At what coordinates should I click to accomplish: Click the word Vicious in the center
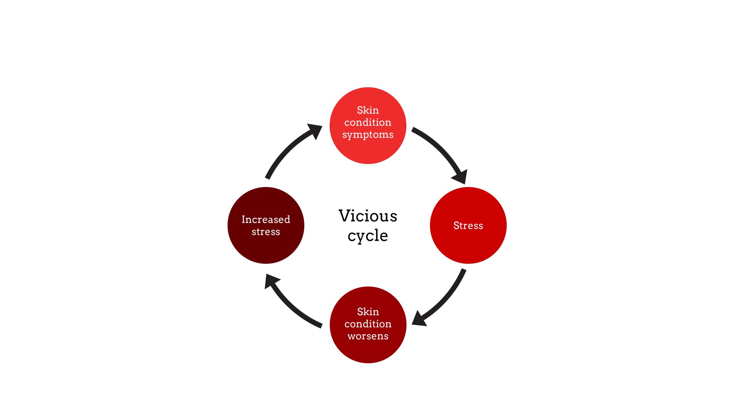[368, 216]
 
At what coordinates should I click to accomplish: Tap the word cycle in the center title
[368, 236]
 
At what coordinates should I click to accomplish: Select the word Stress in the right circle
[468, 226]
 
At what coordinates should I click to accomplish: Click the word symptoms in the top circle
[368, 135]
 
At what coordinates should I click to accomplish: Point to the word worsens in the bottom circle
[368, 336]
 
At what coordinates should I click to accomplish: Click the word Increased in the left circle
[266, 219]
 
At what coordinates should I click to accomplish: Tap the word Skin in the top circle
[368, 110]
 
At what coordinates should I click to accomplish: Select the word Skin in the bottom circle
[368, 312]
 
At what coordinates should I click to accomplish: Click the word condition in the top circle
[368, 122]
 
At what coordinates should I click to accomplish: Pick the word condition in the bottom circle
[368, 324]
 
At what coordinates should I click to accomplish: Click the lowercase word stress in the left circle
[266, 232]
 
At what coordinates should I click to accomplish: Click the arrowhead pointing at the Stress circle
[461, 177]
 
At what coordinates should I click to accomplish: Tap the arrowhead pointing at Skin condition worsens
[419, 319]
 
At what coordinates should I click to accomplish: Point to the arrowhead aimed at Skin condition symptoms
[315, 130]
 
